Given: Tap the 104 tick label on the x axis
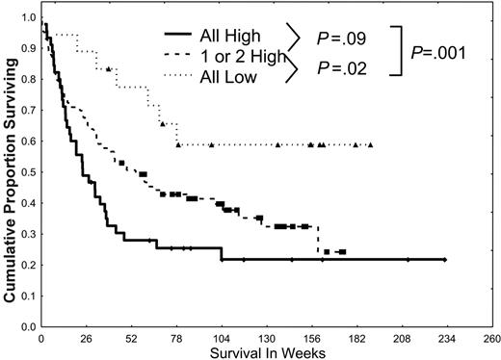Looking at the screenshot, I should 222,337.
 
